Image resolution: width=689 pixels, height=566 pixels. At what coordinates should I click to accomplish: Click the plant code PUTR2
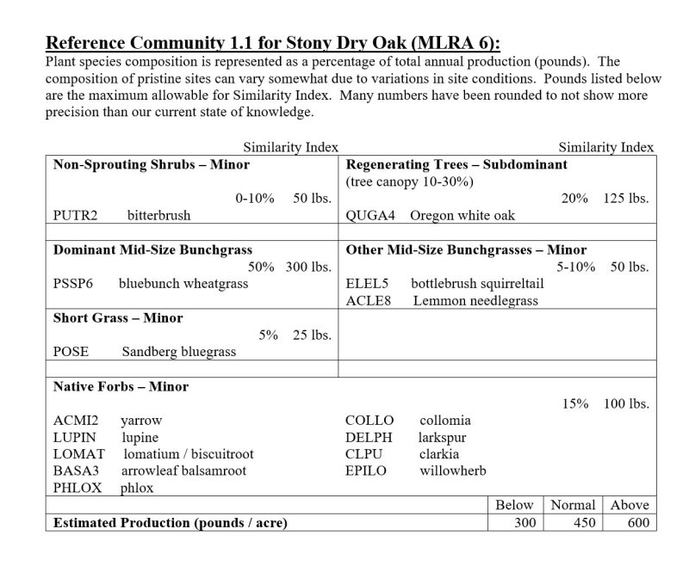(75, 215)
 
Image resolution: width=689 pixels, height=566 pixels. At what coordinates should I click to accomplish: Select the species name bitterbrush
(158, 215)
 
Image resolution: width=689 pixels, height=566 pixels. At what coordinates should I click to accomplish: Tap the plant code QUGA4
(370, 215)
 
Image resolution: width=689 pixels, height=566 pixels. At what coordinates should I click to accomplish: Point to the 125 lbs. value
(626, 198)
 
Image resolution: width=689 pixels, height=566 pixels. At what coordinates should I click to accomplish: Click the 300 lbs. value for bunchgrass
(308, 267)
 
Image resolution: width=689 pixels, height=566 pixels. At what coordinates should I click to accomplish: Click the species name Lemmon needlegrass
(475, 300)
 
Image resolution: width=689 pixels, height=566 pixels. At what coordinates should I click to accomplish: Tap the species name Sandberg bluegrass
(178, 352)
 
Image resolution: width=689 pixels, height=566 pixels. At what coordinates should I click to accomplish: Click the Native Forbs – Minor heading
(121, 387)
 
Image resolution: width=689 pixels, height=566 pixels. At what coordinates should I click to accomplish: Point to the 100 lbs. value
(626, 403)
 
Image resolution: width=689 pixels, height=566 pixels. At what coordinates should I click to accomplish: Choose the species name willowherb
(453, 471)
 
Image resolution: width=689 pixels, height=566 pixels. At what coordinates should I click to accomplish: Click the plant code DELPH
(369, 437)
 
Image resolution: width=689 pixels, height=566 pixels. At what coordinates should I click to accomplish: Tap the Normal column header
(573, 505)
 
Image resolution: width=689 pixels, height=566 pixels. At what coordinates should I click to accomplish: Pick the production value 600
(637, 522)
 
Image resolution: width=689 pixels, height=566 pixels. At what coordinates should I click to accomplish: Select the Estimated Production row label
(171, 522)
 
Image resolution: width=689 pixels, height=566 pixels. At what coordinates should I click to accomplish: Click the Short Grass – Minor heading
(118, 318)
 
